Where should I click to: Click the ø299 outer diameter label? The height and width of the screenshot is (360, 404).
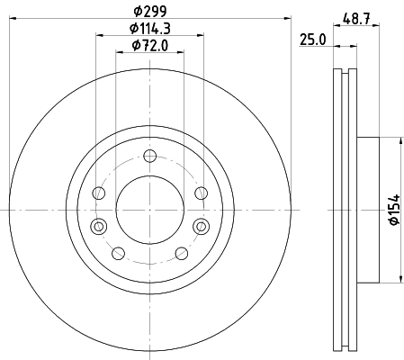tap(149, 12)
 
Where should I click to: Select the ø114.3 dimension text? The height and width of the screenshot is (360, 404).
tap(150, 29)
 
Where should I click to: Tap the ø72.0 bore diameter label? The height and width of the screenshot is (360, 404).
tap(150, 46)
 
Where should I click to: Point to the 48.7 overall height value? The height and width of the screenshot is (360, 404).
tap(356, 19)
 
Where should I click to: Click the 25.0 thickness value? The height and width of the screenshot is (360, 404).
tap(312, 40)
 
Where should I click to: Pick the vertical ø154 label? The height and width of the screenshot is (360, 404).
tap(394, 210)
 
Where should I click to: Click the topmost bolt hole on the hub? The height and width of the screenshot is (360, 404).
tap(149, 156)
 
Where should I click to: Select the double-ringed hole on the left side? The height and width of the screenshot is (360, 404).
tap(99, 226)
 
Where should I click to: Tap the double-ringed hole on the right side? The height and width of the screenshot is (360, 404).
tap(201, 226)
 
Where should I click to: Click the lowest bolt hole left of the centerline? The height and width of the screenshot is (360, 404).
tap(118, 254)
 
